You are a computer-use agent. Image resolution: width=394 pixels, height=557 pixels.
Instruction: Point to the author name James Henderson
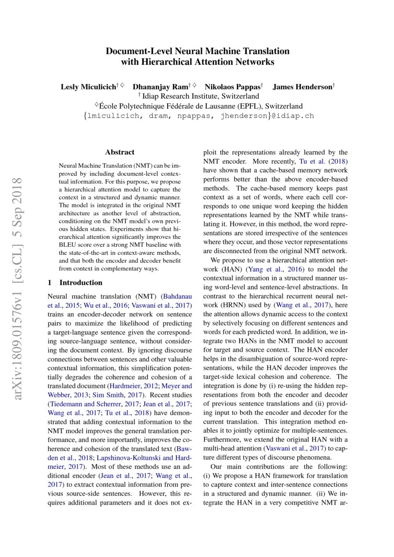tap(302, 87)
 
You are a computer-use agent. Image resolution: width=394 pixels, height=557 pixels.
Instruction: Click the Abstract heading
tap(120, 152)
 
